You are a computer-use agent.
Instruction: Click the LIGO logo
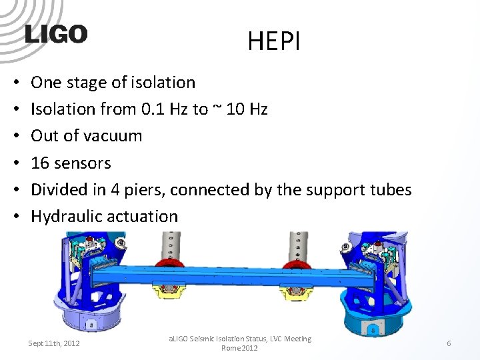(56, 34)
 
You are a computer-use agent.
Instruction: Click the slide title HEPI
(274, 42)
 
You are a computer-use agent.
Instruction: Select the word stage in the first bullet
(88, 83)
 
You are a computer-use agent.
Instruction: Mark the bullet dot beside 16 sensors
(16, 163)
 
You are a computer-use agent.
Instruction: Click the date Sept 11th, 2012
(54, 343)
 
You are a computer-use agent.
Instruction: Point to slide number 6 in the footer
(449, 343)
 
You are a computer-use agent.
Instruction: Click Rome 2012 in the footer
(240, 348)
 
